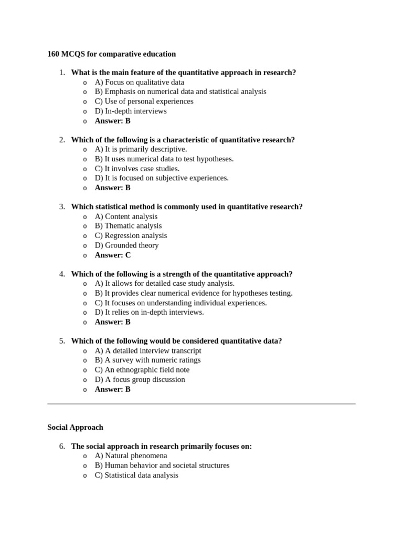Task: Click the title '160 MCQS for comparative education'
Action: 111,54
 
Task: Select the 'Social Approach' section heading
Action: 75,427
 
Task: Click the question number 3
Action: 62,207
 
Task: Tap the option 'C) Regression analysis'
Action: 131,235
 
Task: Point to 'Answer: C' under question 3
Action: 112,255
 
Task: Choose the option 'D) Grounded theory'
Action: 126,245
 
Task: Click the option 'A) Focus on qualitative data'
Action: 139,82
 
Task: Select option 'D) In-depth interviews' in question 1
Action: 130,111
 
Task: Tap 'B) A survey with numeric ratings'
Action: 147,360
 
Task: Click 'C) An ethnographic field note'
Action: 142,370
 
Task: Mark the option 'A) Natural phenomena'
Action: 131,456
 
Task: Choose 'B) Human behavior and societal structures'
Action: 162,465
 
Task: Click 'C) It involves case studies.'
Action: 137,169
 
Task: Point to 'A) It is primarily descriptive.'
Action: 141,149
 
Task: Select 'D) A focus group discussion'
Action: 140,379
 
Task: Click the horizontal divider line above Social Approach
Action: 201,403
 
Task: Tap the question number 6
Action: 62,447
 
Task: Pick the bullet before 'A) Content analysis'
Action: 84,217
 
